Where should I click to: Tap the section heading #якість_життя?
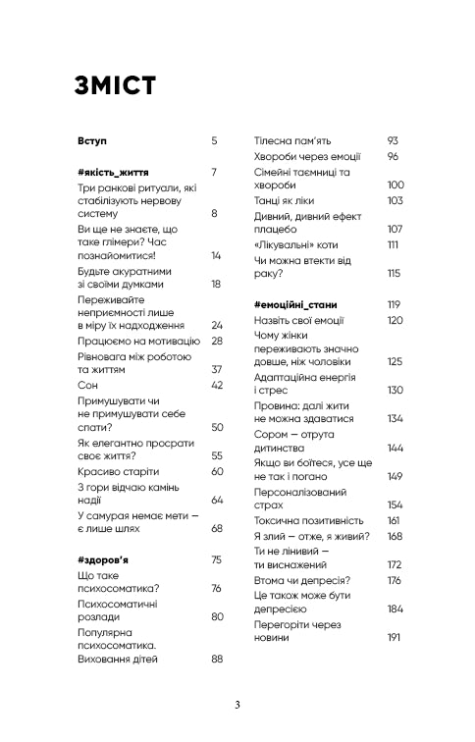coord(115,173)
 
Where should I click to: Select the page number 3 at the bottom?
coord(237,705)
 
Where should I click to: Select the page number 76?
coord(218,588)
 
